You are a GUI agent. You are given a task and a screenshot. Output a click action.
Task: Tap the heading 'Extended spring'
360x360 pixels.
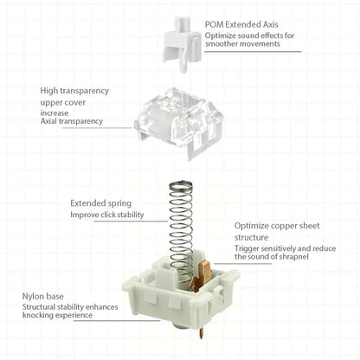point(100,203)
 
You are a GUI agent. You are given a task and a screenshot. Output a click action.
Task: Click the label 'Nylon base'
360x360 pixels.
point(43,295)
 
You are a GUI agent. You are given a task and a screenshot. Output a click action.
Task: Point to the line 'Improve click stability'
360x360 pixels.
point(107,215)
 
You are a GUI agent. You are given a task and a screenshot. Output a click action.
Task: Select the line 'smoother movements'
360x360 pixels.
point(243,44)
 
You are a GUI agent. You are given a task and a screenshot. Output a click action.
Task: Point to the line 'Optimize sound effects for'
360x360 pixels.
point(250,35)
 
